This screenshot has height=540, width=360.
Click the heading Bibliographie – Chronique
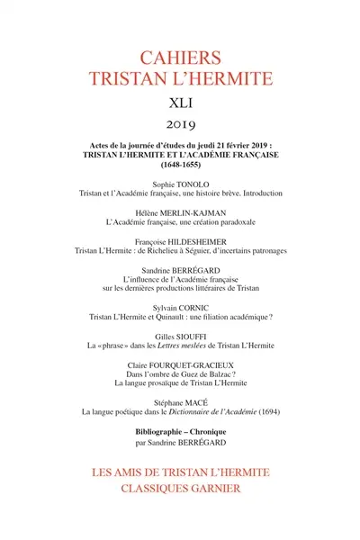(180, 441)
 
